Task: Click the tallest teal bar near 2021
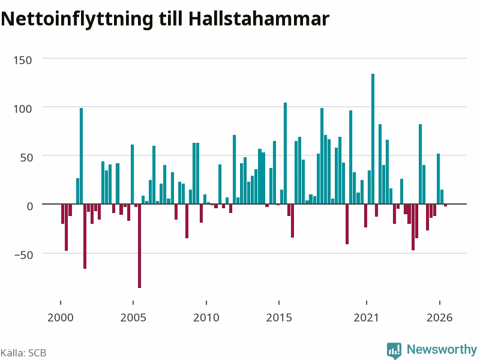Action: click(373, 139)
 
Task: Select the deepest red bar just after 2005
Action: click(139, 246)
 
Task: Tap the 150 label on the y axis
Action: click(22, 61)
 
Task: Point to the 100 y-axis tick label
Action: click(22, 109)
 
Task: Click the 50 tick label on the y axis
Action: click(26, 158)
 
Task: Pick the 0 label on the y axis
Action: click(29, 206)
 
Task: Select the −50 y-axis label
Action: click(23, 254)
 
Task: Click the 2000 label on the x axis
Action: click(61, 317)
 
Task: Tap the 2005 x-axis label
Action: click(133, 317)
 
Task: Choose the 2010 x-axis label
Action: click(206, 317)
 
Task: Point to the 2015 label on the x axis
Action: click(279, 317)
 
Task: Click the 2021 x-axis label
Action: click(367, 317)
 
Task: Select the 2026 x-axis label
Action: click(440, 317)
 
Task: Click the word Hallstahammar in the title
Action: click(259, 19)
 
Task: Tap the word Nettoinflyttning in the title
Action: click(77, 19)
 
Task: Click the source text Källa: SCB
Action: click(23, 353)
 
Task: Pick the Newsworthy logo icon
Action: click(394, 350)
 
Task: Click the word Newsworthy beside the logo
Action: click(442, 349)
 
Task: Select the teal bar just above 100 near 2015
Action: click(286, 153)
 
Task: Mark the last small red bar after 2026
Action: click(446, 205)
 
